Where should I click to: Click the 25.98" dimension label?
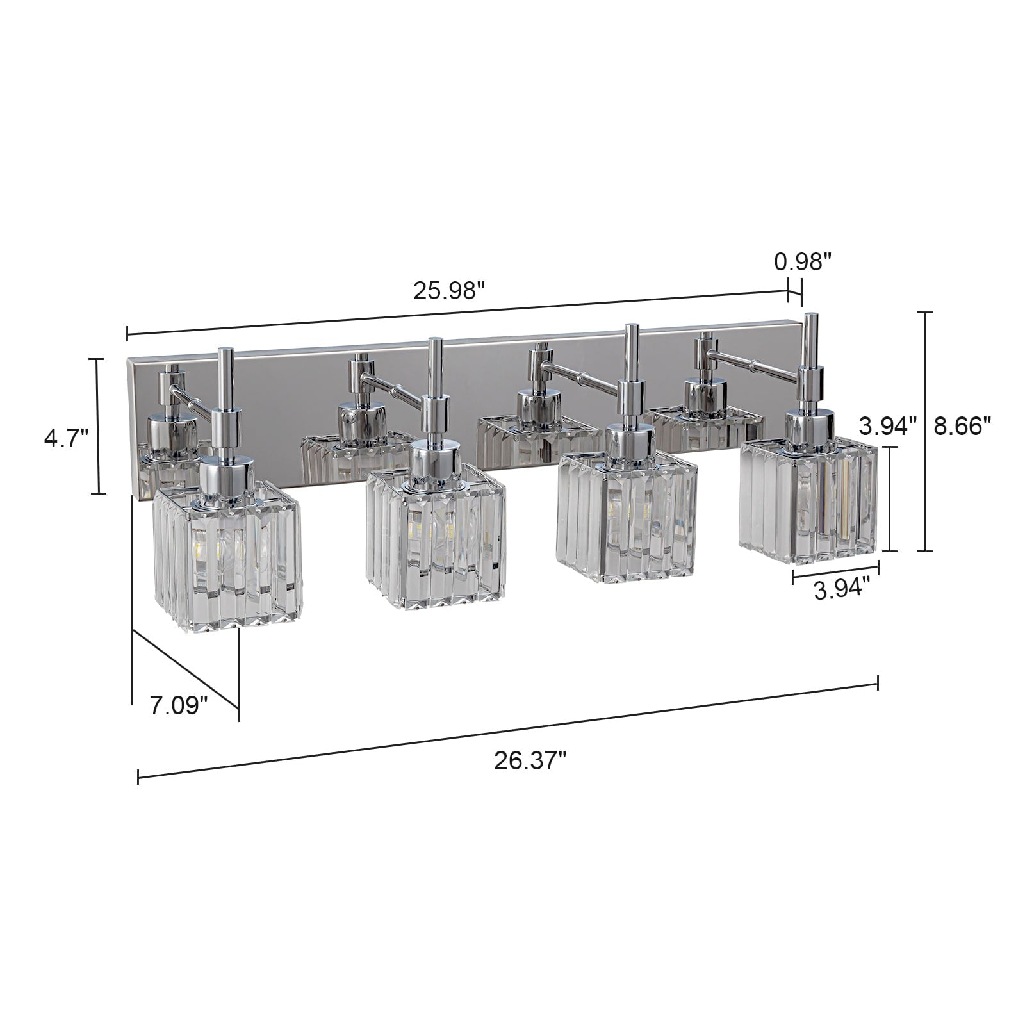447,291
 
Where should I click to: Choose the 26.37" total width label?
530,762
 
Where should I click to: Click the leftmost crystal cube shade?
227,557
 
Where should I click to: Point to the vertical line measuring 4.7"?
97,425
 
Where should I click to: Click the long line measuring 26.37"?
506,730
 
